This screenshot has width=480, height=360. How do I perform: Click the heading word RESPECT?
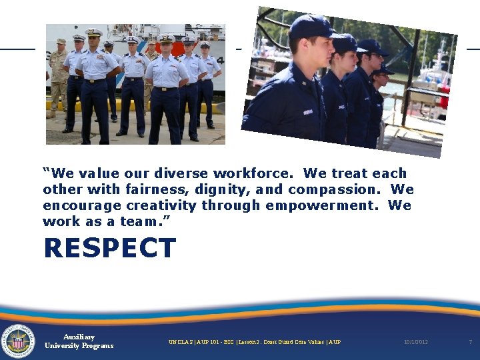(109, 249)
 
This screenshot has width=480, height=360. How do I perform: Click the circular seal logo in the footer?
(18, 341)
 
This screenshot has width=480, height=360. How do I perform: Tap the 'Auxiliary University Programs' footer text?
(79, 341)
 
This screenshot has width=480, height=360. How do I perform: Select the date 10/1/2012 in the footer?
(415, 342)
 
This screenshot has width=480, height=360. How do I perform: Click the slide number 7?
(470, 342)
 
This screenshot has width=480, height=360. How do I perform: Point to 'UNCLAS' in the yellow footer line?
(180, 342)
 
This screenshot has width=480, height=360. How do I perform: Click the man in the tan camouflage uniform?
(59, 77)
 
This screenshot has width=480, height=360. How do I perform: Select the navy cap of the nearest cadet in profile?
(311, 27)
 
